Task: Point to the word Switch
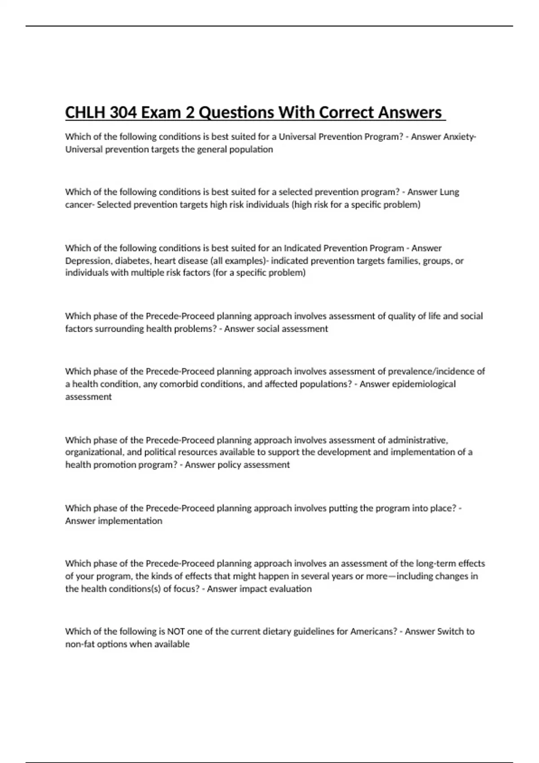click(x=450, y=631)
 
